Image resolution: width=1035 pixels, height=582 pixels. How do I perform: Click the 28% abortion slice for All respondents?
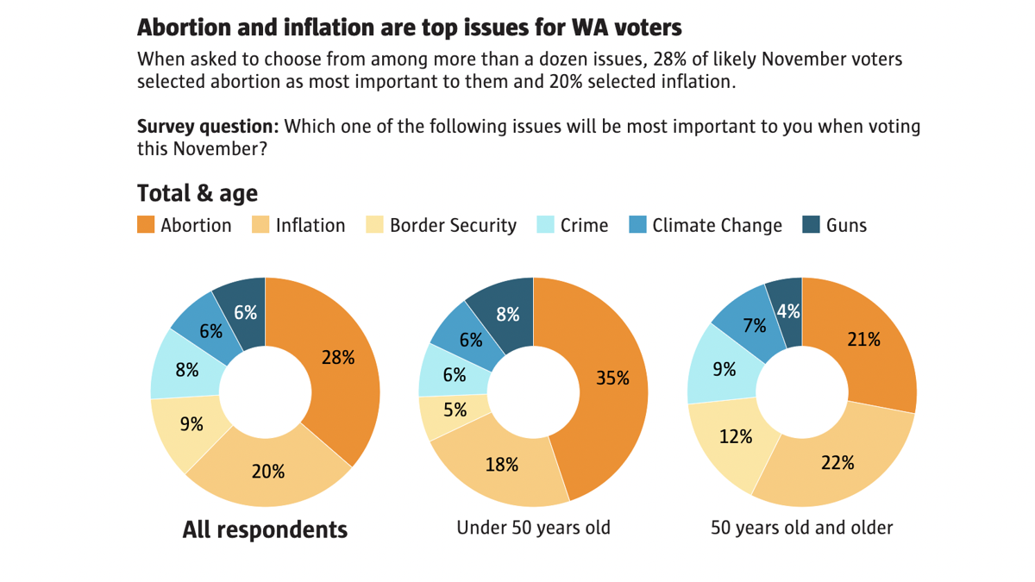(336, 358)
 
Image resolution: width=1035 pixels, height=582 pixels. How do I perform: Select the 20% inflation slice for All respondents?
(267, 472)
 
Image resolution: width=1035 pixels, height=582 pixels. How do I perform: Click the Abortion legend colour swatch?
(146, 226)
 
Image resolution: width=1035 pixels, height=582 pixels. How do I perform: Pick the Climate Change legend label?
(717, 226)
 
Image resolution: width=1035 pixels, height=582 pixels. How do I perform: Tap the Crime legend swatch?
(545, 226)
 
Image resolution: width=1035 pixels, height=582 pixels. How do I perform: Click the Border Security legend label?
(453, 226)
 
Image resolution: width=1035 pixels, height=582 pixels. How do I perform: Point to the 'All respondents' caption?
(265, 529)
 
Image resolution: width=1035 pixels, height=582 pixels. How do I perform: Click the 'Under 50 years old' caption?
(533, 527)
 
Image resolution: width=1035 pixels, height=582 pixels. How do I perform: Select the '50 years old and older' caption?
(801, 527)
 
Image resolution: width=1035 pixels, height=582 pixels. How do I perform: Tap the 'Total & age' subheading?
(198, 192)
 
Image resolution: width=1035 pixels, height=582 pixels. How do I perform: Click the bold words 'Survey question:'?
(208, 127)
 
